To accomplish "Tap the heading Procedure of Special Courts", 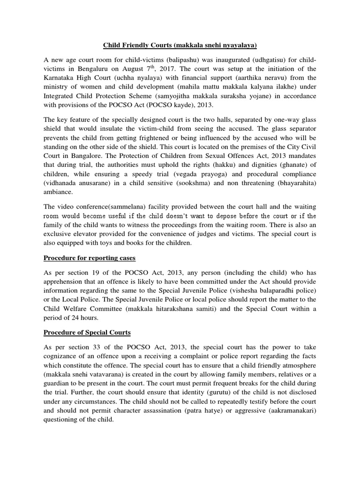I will click(x=87, y=332).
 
